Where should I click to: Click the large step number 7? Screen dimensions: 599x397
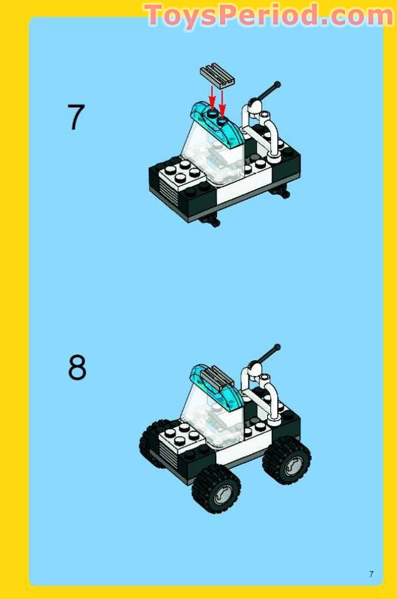[x=76, y=118]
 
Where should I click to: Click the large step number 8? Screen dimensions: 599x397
[x=77, y=368]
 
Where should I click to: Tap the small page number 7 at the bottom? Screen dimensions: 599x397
[x=371, y=574]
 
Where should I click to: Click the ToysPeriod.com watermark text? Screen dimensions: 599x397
[x=268, y=16]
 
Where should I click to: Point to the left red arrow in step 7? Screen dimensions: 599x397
[x=212, y=98]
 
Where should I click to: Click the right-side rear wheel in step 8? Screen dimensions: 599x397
[x=287, y=459]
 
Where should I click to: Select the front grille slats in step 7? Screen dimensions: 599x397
[x=167, y=187]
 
